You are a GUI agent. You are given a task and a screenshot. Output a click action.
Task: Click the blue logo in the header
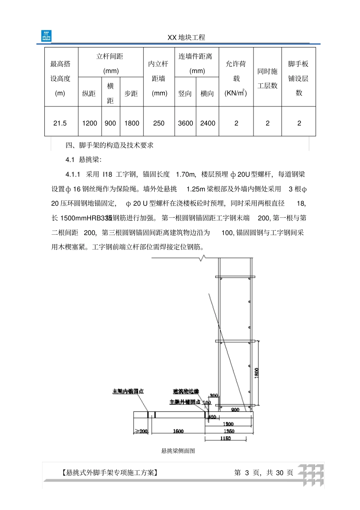[x=46, y=36]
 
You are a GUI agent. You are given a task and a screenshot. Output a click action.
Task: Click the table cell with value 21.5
[x=60, y=123]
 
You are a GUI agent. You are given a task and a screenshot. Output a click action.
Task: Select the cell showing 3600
[x=185, y=123]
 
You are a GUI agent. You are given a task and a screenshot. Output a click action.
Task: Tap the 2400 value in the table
[x=208, y=123]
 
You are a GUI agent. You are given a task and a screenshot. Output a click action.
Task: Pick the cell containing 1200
[x=89, y=123]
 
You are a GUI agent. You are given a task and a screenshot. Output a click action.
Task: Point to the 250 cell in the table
[x=159, y=123]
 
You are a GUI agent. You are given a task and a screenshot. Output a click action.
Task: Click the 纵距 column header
[x=89, y=93]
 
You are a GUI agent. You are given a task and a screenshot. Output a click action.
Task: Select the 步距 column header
[x=131, y=93]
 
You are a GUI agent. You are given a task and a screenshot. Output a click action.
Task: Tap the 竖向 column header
[x=185, y=93]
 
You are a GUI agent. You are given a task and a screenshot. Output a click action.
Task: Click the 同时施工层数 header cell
[x=268, y=78]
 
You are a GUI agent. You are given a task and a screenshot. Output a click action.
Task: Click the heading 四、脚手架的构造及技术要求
[x=110, y=145]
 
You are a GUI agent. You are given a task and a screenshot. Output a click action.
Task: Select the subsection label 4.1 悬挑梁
[x=83, y=160]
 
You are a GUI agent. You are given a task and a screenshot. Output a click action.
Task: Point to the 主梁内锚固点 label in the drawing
[x=128, y=391]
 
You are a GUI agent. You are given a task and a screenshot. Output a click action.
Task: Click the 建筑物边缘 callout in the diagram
[x=186, y=391]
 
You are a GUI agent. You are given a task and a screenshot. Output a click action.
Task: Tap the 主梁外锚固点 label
[x=185, y=402]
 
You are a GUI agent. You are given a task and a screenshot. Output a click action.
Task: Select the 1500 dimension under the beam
[x=178, y=431]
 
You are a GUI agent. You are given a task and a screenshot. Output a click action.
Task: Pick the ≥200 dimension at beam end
[x=141, y=431]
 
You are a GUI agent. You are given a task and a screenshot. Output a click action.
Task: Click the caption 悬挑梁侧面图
[x=178, y=451]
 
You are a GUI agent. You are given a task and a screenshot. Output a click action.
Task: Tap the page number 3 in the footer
[x=247, y=472]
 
